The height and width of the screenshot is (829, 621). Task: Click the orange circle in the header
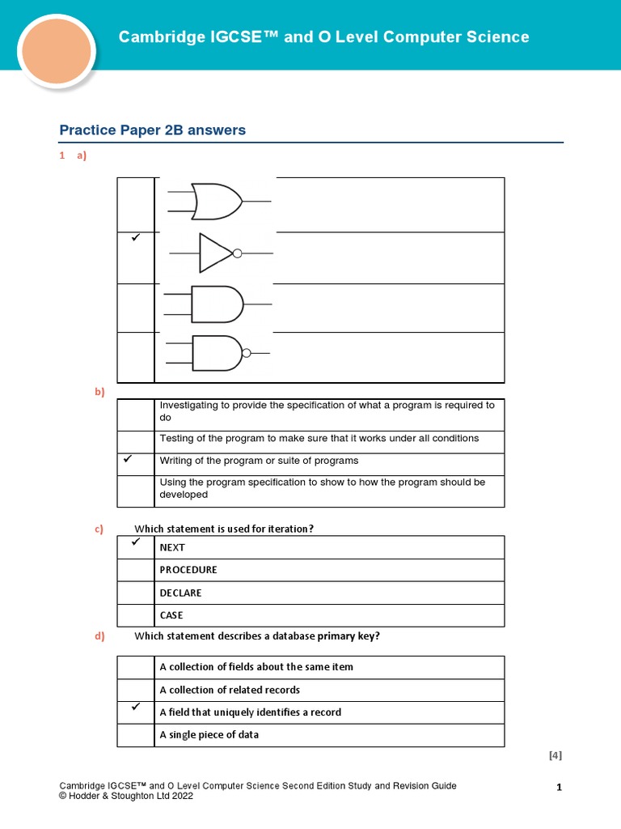(57, 52)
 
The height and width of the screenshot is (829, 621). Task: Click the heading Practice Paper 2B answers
(153, 130)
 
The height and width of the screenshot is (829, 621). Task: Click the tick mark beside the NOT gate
(135, 239)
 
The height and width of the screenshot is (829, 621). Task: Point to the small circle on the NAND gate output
(247, 353)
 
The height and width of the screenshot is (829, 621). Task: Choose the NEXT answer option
(172, 547)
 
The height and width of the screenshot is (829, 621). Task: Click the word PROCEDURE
(188, 570)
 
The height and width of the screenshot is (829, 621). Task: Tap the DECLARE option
(180, 593)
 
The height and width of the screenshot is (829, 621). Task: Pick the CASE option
(171, 615)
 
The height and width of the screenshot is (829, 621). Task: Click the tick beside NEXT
(135, 542)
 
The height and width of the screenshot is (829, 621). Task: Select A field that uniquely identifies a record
(250, 712)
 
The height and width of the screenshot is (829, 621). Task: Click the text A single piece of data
(209, 735)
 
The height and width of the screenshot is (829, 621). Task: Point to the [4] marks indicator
(555, 756)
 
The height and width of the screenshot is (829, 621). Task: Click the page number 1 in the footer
(559, 787)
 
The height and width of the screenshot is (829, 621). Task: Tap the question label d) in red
(99, 636)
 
